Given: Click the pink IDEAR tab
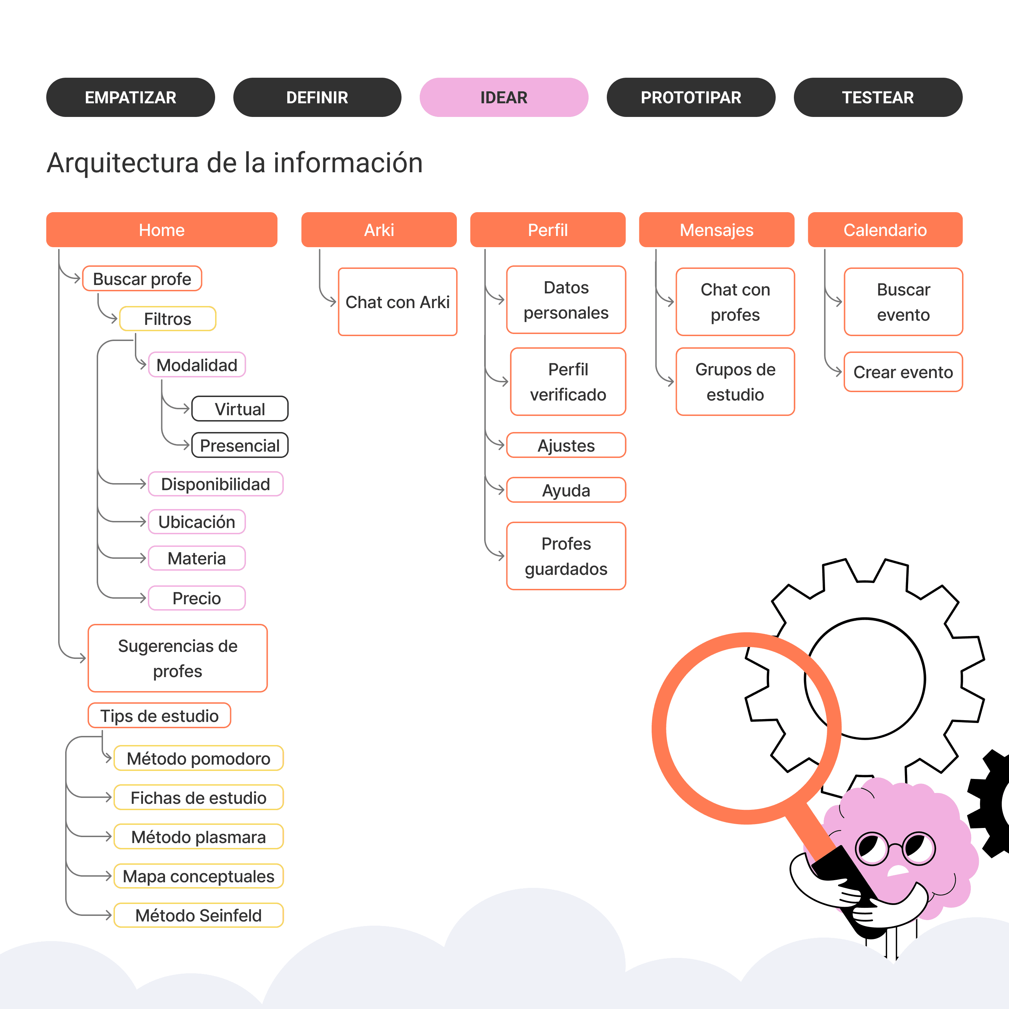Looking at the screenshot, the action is click(x=504, y=97).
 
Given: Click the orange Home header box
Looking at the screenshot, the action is click(x=162, y=230).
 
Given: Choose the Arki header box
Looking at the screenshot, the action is click(x=379, y=230).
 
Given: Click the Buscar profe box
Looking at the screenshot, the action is click(x=142, y=279).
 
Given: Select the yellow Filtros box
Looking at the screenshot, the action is click(x=168, y=319).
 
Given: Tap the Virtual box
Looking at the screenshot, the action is click(x=240, y=409).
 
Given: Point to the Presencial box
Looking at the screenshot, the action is click(x=240, y=445).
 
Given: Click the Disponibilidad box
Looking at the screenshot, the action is click(x=215, y=484).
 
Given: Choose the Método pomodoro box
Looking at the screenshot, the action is click(x=199, y=758).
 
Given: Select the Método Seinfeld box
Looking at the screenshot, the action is click(x=199, y=916).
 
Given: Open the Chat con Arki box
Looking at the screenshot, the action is click(x=398, y=302).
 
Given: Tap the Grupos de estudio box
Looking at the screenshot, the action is click(x=735, y=382).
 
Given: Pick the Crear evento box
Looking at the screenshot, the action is click(x=903, y=372).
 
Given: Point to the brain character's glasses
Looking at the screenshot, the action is click(x=894, y=849).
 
